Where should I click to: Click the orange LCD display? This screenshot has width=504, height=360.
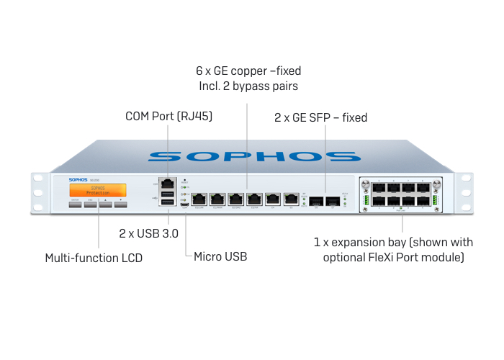[97, 190]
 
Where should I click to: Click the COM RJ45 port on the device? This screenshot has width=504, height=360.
[167, 183]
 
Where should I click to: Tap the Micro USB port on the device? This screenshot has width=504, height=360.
[185, 206]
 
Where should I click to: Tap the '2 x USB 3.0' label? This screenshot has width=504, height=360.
[148, 234]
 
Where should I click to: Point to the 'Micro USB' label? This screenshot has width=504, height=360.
[220, 256]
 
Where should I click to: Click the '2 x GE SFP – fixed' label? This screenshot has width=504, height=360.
[321, 117]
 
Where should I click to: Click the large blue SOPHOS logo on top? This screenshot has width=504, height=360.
[252, 156]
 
